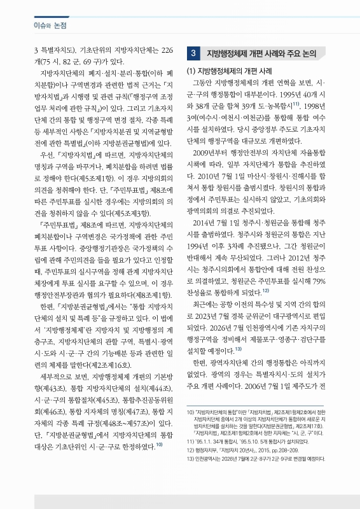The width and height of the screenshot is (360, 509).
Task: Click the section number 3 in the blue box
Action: point(193,53)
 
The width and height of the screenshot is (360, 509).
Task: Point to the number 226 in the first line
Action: point(163,50)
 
